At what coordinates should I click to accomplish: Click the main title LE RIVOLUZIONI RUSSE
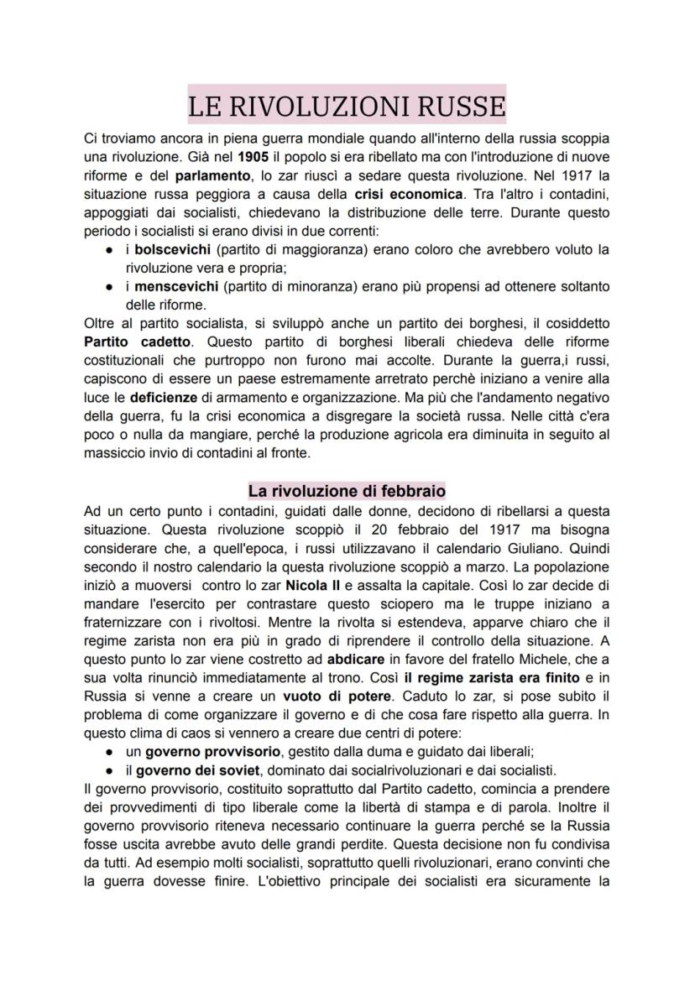347,107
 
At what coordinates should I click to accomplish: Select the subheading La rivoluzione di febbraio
347,490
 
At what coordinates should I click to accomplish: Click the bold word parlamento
210,175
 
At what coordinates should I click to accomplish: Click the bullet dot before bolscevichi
111,250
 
